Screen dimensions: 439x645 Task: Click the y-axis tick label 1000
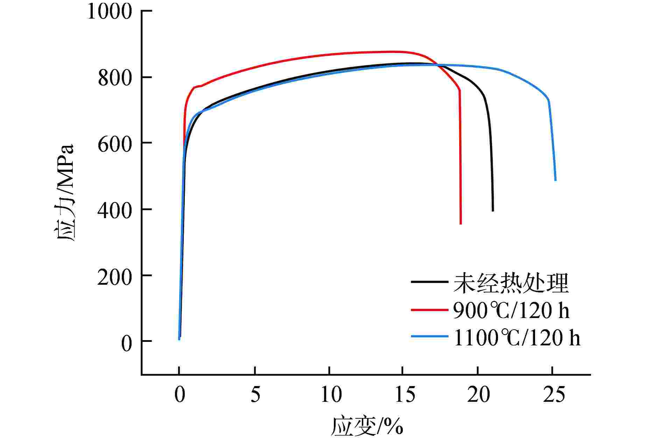(110, 12)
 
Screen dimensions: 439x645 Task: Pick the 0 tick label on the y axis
(127, 342)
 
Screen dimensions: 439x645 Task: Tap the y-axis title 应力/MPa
(65, 192)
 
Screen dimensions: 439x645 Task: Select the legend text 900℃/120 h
(511, 310)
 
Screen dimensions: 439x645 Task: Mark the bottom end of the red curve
(461, 224)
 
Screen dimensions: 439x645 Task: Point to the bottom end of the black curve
(493, 211)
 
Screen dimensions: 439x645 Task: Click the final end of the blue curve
(555, 180)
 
